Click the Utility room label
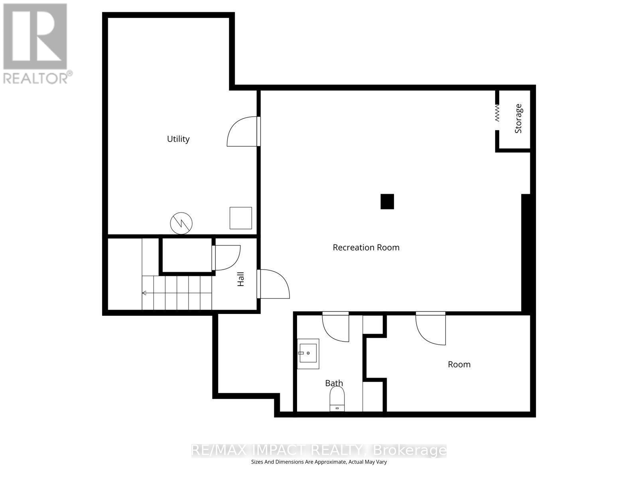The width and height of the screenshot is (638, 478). pos(178,139)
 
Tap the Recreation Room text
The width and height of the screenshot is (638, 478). pos(366,247)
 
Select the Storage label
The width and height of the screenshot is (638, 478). pos(518,118)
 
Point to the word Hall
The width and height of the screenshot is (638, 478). pos(241,279)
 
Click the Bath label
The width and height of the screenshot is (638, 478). pos(334,383)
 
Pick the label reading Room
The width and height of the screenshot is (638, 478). pos(459,364)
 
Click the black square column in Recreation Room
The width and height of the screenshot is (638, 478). pos(387,202)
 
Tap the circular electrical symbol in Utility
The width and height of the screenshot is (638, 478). pos(181,223)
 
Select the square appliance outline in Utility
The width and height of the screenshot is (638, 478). pos(241,218)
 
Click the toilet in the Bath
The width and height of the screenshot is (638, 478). pos(337,398)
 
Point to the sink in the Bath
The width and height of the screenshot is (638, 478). pos(308,354)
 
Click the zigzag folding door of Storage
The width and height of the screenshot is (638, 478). pos(497,113)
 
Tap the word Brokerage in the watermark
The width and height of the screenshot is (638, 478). pos(410,450)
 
